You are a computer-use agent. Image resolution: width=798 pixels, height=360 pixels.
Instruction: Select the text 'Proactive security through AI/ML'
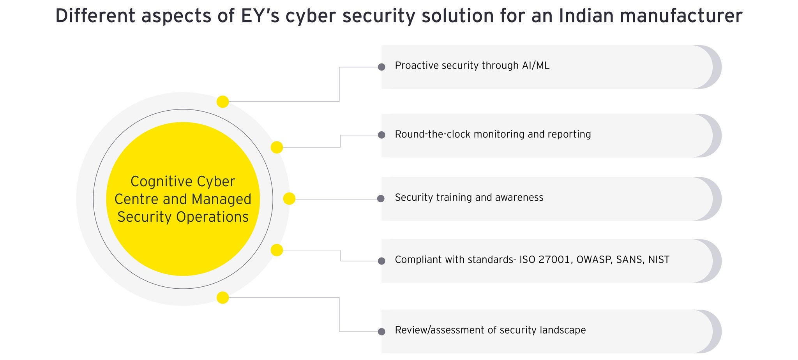pos(472,65)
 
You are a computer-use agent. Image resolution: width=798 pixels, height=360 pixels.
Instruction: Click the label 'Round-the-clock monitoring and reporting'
pos(493,134)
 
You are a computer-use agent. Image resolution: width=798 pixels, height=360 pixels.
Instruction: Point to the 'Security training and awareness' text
pos(469,198)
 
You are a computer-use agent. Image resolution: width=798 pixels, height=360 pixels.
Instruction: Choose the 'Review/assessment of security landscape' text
pos(490,330)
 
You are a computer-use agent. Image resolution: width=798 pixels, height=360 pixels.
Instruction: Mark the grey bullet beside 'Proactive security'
pos(381,67)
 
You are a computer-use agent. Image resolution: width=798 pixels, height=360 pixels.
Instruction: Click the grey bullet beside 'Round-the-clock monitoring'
pos(381,135)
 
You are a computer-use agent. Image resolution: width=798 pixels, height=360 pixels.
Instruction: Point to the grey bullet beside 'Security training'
pos(381,199)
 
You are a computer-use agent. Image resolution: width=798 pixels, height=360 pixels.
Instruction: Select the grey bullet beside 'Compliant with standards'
pos(381,261)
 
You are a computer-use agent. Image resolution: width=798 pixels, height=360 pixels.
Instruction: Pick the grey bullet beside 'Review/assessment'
pos(381,332)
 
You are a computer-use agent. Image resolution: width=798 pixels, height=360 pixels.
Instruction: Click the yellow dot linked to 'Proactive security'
pos(222,102)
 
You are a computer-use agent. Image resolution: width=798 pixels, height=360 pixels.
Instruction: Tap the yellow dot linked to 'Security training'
pos(289,199)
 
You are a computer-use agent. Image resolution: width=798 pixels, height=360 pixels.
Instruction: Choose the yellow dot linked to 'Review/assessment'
pos(222,298)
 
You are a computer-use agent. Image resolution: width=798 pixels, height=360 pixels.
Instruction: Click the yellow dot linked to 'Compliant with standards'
pos(277,250)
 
